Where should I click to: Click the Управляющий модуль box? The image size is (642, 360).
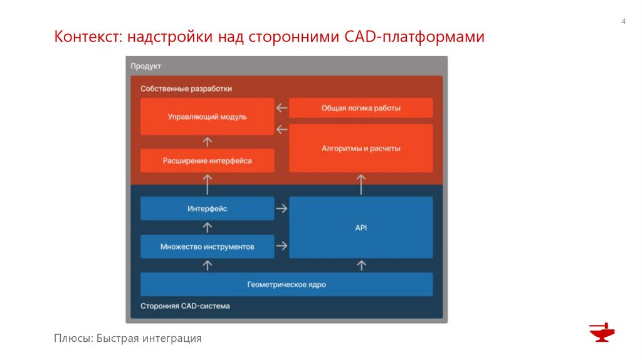[207, 117]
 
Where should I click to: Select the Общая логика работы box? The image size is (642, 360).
[360, 108]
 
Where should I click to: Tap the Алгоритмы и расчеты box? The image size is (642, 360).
[360, 149]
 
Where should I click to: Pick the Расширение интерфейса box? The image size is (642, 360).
[207, 161]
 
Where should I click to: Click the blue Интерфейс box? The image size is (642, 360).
[207, 208]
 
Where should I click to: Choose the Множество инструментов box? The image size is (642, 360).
[207, 246]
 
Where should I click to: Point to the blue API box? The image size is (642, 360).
[360, 228]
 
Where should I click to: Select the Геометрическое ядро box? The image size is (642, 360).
[286, 284]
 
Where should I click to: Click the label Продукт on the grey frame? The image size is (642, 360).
[146, 66]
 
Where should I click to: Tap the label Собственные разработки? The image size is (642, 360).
[186, 88]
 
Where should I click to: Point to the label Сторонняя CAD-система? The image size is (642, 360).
[185, 306]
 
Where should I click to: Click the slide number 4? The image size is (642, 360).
[623, 23]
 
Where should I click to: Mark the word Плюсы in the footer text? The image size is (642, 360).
[73, 339]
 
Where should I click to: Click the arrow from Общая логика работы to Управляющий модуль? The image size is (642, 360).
[282, 108]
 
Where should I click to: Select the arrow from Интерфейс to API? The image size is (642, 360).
[282, 208]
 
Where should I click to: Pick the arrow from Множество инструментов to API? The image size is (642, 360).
[282, 246]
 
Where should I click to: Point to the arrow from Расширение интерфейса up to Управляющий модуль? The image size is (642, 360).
[208, 142]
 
